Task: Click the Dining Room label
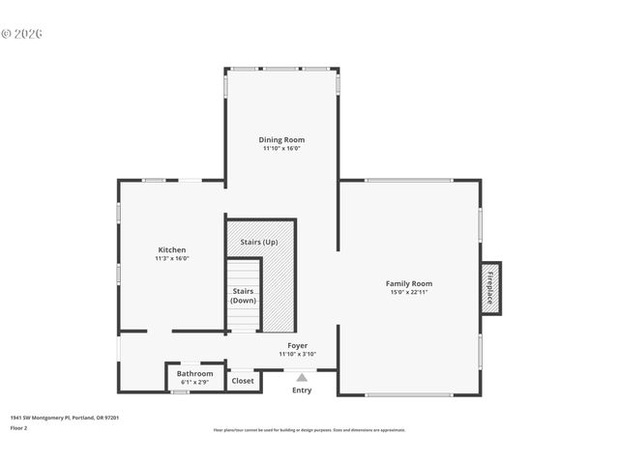coord(281,140)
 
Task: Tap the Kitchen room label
coord(171,250)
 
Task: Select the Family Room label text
coord(409,283)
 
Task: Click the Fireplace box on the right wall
coord(490,288)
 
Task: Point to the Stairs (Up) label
coord(258,242)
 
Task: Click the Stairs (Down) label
coord(244,296)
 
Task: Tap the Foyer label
coord(298,345)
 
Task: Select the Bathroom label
coord(194,373)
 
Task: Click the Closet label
coord(243,381)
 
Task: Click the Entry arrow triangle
coord(302,377)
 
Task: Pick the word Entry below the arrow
coord(302,391)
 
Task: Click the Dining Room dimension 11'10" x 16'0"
coord(281,149)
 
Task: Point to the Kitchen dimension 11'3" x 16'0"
coord(171,259)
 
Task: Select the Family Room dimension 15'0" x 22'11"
coord(409,292)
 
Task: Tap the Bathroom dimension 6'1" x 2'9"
coord(194,382)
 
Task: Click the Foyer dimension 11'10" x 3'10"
coord(298,354)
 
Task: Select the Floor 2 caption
coord(19,427)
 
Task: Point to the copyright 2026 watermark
coord(22,34)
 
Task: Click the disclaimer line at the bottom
coord(309,430)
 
